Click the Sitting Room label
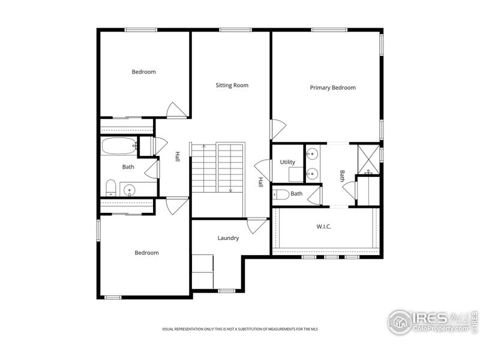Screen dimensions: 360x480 232,85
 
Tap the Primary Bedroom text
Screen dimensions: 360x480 332,88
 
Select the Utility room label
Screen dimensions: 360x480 287,162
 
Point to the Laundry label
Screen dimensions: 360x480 228,238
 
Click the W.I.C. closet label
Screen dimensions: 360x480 323,227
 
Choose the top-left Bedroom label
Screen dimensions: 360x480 143,72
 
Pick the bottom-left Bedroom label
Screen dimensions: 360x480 146,253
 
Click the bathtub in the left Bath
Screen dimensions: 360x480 119,146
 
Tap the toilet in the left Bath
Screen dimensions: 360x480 110,188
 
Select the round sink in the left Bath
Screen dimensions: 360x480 130,190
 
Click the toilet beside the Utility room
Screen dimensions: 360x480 281,194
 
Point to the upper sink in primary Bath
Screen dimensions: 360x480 312,154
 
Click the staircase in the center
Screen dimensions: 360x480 218,167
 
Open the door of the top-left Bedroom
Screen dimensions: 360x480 177,110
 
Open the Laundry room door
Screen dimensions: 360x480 257,226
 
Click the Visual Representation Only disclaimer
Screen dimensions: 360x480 240,329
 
